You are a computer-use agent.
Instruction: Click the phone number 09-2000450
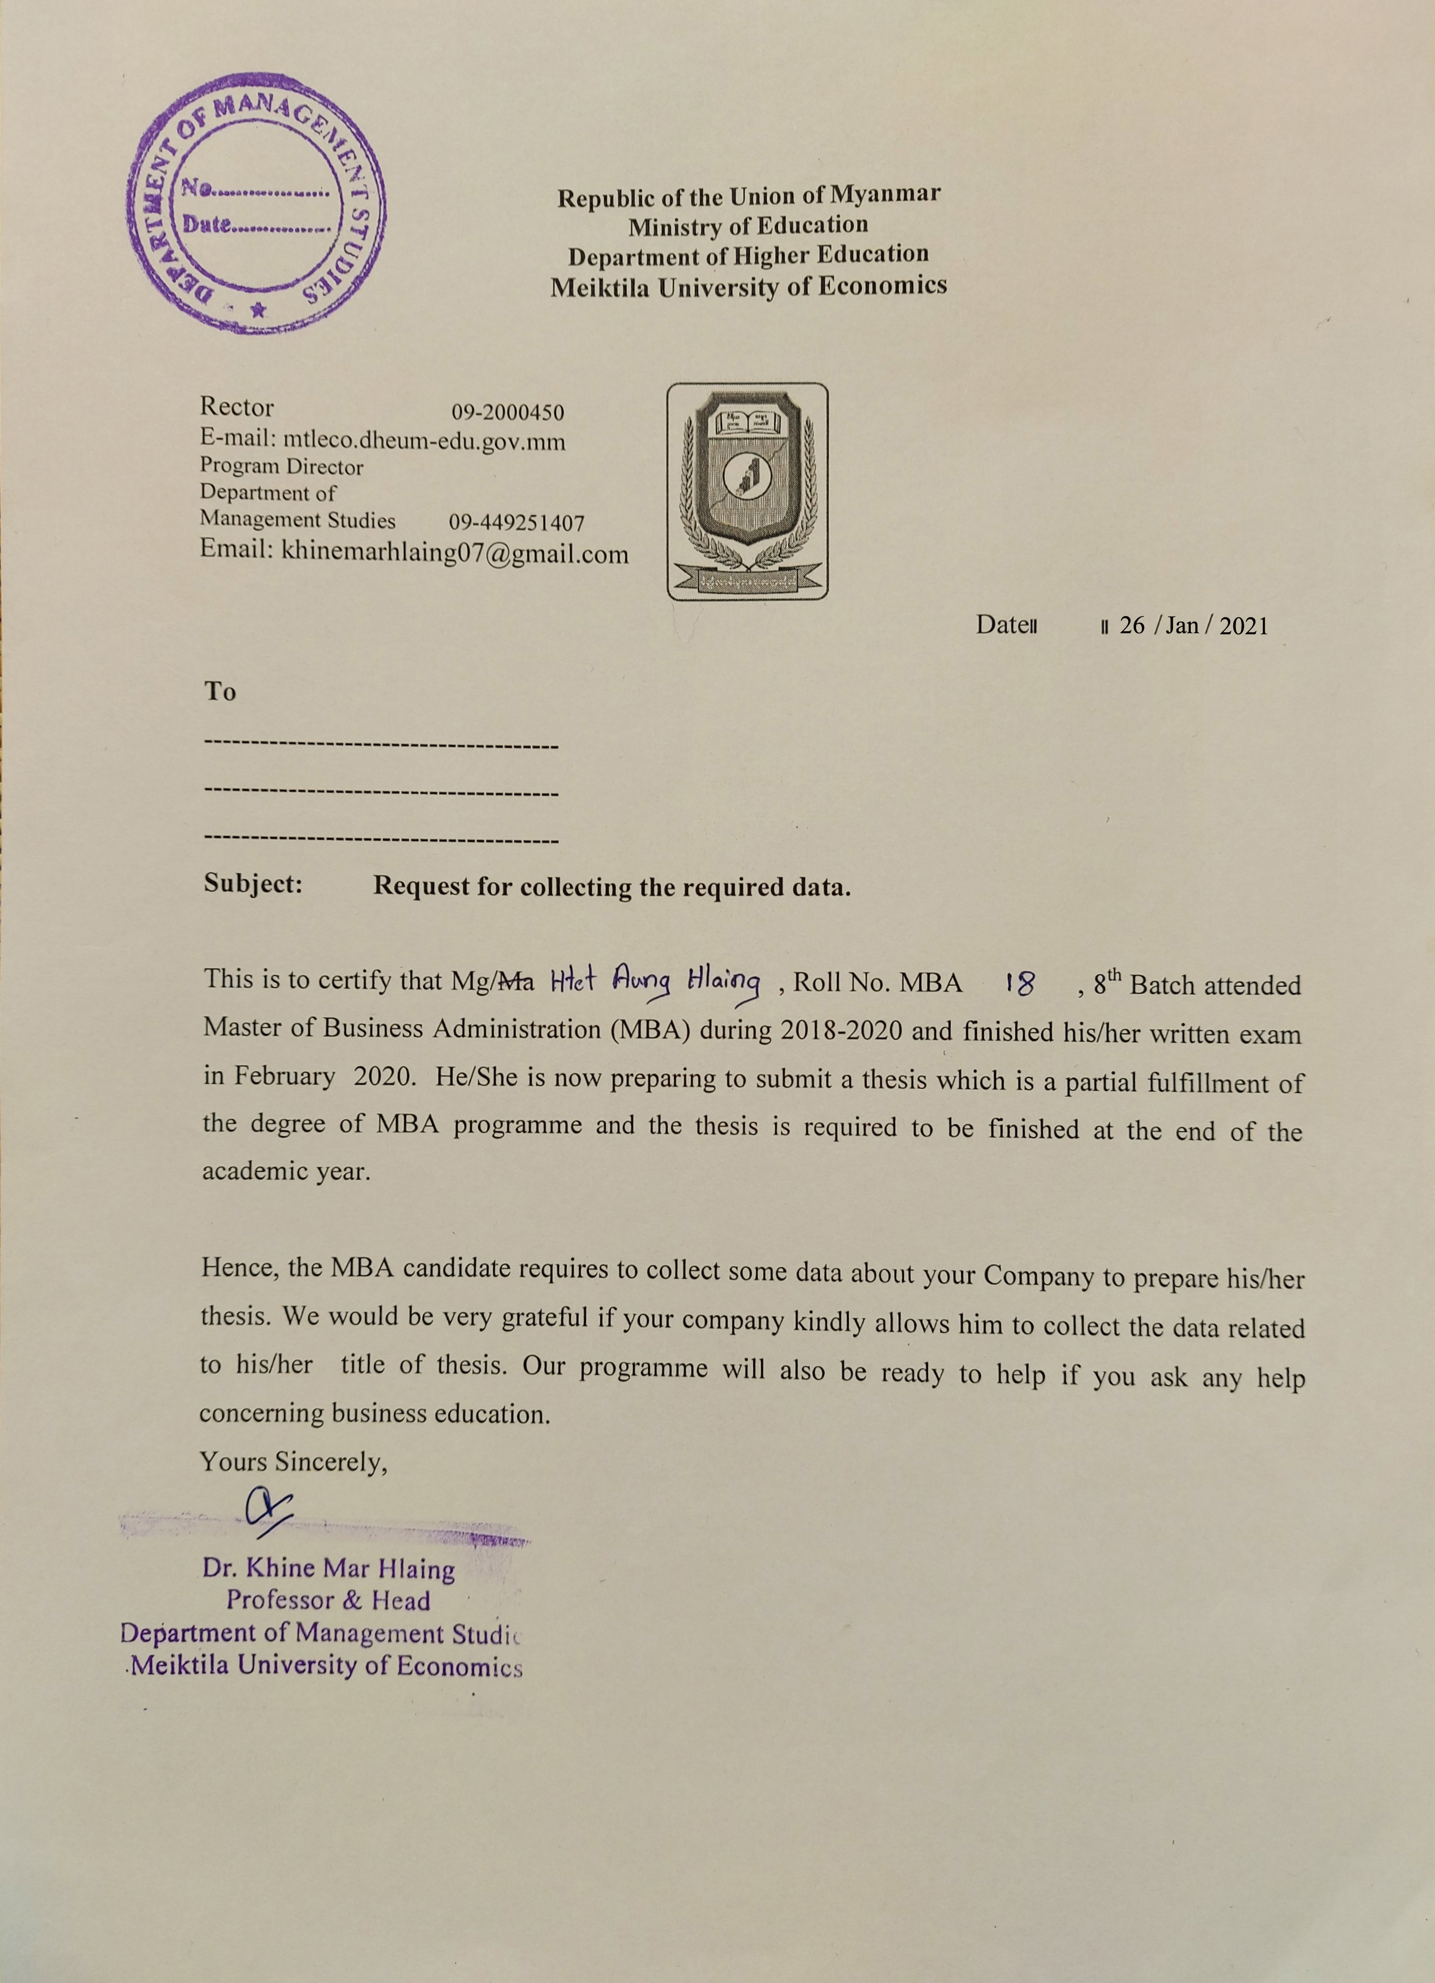pyautogui.click(x=507, y=412)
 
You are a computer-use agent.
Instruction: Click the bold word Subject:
pyautogui.click(x=253, y=884)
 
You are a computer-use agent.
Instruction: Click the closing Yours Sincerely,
pyautogui.click(x=293, y=1461)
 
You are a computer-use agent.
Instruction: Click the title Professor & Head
pyautogui.click(x=328, y=1600)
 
